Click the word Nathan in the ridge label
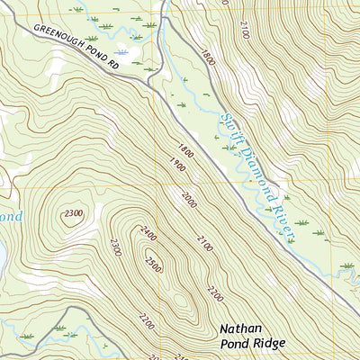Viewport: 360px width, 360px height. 241,328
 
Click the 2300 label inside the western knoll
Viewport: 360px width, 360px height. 74,212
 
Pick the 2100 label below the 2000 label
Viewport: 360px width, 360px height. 203,240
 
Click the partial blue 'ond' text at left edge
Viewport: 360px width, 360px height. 9,217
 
